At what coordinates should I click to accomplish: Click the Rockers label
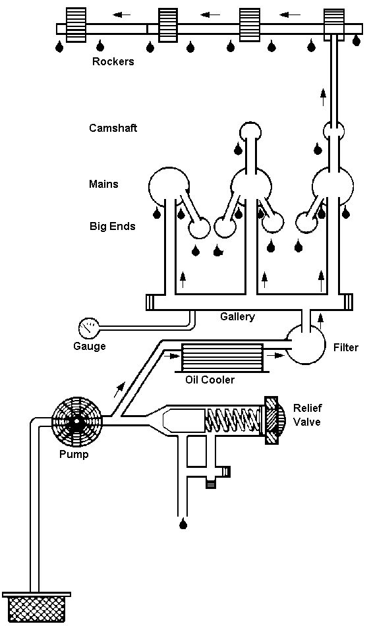(x=113, y=61)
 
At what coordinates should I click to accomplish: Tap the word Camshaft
(x=113, y=128)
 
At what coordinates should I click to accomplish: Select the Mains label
(x=103, y=184)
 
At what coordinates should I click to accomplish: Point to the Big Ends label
(x=112, y=227)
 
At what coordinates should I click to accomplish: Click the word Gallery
(x=237, y=316)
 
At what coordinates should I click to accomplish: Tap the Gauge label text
(x=90, y=346)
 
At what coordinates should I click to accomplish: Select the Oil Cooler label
(x=210, y=380)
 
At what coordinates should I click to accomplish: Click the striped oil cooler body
(x=223, y=356)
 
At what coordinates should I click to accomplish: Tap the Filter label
(x=346, y=347)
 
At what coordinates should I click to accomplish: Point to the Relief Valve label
(x=307, y=414)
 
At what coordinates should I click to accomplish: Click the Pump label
(x=74, y=454)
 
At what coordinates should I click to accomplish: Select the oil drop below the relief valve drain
(x=183, y=523)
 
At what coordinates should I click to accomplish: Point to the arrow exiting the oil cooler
(x=273, y=354)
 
